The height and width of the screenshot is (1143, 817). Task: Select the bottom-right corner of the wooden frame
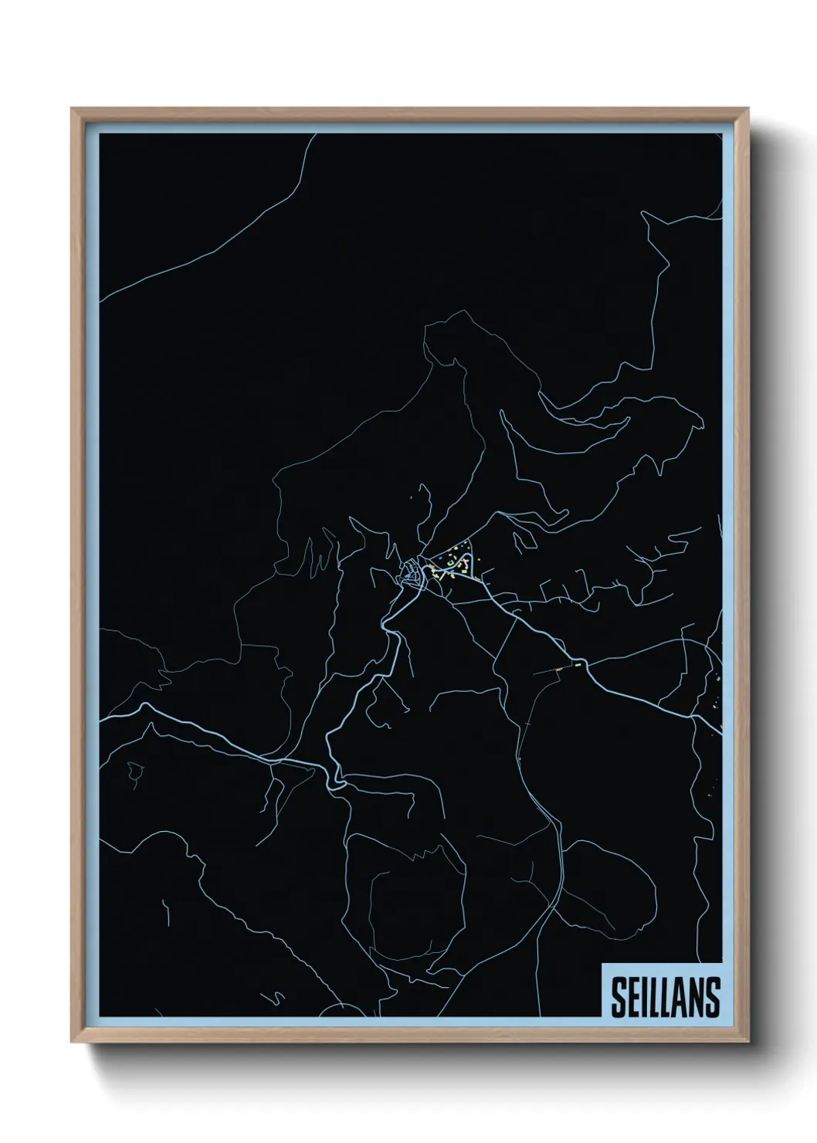748,1043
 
